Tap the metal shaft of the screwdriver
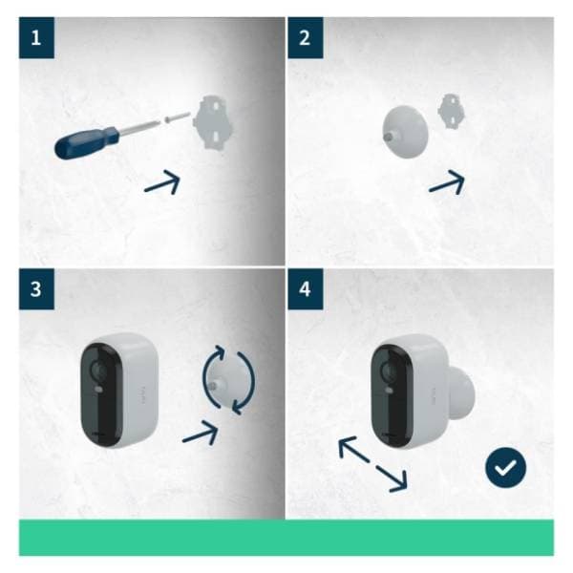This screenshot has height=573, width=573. coord(143,125)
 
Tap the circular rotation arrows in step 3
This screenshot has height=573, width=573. coord(229,380)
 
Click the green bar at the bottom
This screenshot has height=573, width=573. coord(286,537)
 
